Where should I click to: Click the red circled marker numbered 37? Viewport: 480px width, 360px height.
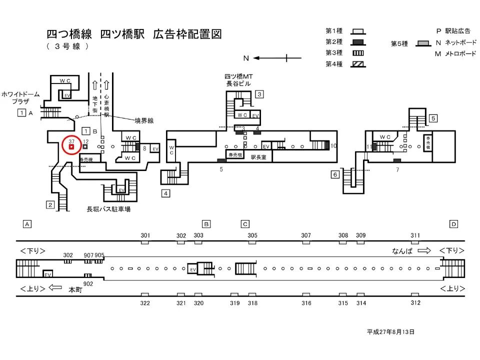tap(71, 145)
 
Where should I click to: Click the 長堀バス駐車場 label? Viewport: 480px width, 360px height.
tap(108, 209)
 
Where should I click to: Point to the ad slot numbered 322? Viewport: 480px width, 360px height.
tap(145, 295)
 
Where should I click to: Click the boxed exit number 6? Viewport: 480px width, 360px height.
tap(335, 174)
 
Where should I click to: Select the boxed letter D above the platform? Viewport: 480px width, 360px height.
tap(453, 224)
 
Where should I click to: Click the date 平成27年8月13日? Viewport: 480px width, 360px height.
tap(390, 331)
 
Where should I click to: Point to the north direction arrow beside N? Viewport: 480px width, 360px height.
tap(272, 58)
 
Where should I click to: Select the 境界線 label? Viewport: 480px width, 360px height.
tap(144, 120)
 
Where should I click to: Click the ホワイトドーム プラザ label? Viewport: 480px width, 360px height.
tap(18, 97)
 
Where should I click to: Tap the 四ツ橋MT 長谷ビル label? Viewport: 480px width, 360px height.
tap(240, 80)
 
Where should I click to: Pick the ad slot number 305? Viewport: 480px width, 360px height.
tap(252, 235)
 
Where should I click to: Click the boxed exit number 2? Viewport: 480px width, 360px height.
tap(50, 204)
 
